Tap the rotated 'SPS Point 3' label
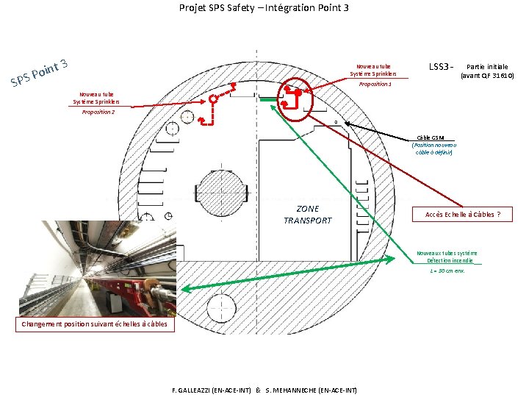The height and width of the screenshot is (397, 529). [x=40, y=71]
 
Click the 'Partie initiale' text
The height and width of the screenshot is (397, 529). [x=486, y=67]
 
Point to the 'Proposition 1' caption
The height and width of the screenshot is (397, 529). [x=375, y=85]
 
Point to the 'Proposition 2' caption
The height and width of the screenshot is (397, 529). [x=98, y=112]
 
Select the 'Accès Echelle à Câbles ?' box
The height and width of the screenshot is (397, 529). [x=463, y=215]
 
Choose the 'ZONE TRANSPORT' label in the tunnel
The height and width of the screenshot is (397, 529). [x=307, y=215]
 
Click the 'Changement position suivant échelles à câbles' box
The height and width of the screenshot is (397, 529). [x=94, y=324]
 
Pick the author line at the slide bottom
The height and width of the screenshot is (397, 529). [x=264, y=390]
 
